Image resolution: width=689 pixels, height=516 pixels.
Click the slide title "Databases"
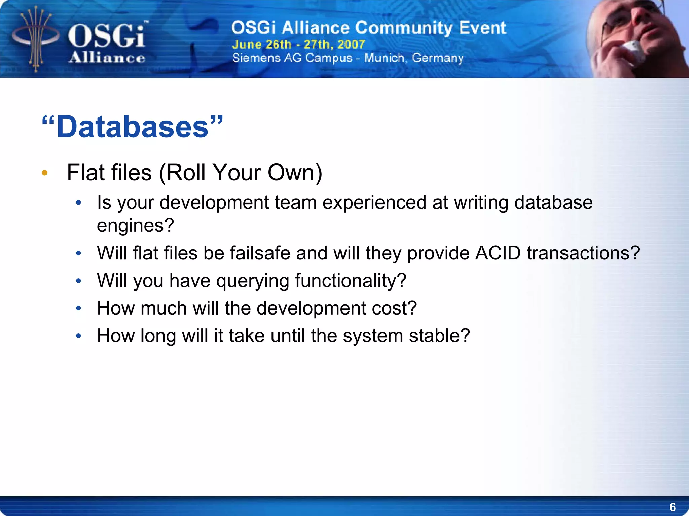point(132,127)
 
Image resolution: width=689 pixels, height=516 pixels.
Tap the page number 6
point(672,507)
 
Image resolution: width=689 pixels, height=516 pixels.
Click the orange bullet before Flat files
point(45,173)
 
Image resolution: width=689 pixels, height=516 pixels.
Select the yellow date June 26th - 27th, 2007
point(298,44)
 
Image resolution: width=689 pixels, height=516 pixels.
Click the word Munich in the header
point(384,58)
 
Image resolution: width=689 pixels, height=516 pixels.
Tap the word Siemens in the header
point(256,58)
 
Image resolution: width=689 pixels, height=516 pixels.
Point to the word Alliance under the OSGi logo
point(107,58)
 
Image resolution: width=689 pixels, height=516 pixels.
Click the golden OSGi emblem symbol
point(36,39)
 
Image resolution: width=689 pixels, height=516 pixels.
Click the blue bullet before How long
point(79,336)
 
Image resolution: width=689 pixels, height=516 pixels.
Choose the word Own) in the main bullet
point(295,173)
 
